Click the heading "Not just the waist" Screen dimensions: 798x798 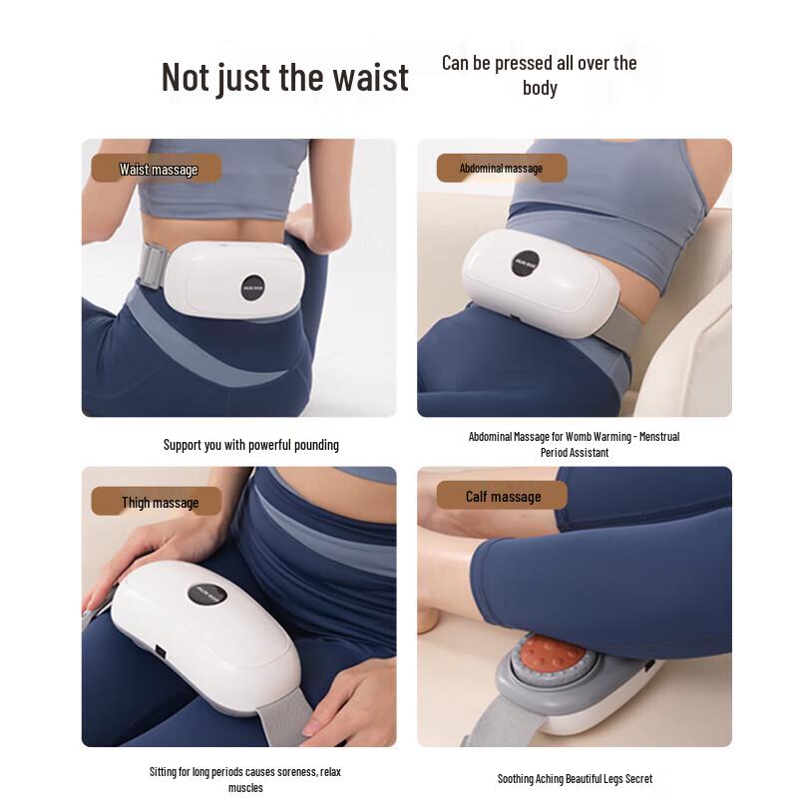284,77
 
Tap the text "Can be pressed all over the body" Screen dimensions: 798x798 539,75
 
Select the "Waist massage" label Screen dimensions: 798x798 158,169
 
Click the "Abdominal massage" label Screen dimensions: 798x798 501,168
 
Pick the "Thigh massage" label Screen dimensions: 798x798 160,502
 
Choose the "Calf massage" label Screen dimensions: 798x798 503,496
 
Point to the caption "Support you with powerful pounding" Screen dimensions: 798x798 250,445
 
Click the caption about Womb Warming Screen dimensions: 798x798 574,444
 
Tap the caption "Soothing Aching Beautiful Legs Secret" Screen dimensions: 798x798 575,778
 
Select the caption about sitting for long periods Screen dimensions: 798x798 245,779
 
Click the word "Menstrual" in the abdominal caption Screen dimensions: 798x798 660,437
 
